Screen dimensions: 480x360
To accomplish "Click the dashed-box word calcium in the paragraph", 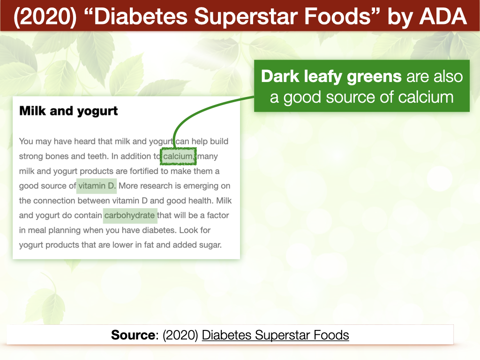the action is (x=178, y=157).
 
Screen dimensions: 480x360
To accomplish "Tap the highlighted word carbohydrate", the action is (x=129, y=216).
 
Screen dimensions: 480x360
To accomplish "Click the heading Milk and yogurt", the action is (x=68, y=111).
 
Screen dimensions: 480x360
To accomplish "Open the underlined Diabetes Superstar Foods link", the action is (x=276, y=335).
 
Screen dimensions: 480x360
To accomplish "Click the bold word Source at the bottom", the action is (x=133, y=335).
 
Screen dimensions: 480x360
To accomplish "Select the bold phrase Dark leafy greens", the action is (x=331, y=76).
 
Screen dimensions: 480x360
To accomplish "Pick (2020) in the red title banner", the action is (x=45, y=16).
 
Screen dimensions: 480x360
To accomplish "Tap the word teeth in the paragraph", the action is (x=98, y=157).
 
